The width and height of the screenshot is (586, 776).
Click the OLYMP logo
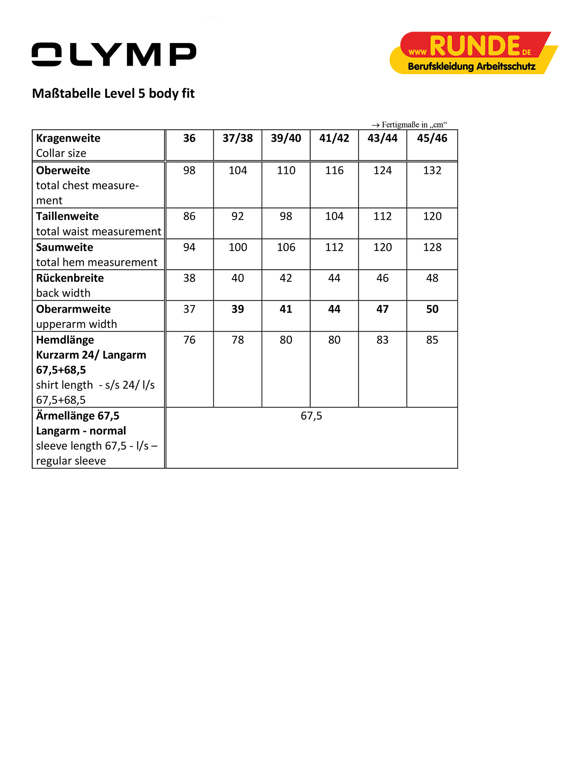114,54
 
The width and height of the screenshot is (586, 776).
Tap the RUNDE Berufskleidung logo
473,53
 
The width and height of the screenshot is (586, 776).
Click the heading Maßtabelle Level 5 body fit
113,93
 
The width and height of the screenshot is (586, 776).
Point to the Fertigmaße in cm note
409,125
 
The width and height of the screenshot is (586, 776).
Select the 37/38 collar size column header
238,138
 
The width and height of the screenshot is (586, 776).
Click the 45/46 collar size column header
432,138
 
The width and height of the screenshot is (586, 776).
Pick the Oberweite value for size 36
189,170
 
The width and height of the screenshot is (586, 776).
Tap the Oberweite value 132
432,170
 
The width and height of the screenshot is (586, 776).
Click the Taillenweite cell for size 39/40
286,216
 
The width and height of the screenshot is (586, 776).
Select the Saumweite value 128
432,247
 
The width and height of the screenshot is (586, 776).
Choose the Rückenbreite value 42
286,278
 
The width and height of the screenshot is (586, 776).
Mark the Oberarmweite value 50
432,309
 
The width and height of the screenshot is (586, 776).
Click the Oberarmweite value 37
189,309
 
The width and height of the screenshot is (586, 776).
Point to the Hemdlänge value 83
382,340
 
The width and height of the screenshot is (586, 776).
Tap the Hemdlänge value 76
189,340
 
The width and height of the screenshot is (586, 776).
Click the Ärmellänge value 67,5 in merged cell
311,416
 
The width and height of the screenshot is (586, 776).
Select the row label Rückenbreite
70,278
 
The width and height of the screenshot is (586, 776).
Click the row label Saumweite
64,247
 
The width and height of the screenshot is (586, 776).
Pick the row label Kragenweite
68,138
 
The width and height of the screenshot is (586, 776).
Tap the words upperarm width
77,324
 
